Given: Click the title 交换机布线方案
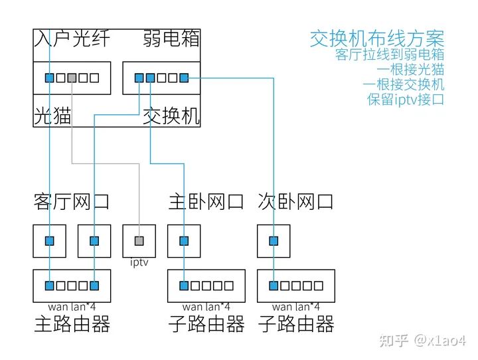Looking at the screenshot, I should (x=377, y=39).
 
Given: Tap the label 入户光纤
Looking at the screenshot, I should (x=71, y=39).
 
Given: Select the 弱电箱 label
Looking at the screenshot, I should (x=171, y=39).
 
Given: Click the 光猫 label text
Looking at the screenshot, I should (x=52, y=116).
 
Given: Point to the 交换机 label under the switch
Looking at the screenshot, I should (x=171, y=116).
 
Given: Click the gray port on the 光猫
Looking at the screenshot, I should (x=72, y=78).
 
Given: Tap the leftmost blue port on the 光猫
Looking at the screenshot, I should (x=49, y=78).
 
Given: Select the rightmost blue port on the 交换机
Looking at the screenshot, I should (x=184, y=78).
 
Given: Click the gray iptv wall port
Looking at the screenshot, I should (x=139, y=240).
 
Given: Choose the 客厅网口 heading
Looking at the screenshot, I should (x=71, y=202).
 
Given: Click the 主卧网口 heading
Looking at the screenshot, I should (x=206, y=202).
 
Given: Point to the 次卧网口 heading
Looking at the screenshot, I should (x=295, y=202).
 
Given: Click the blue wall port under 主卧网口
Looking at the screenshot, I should (x=184, y=240).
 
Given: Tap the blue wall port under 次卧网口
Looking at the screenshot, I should (x=274, y=240).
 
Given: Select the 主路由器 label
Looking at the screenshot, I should (x=71, y=325).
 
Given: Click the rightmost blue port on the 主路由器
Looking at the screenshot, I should (x=94, y=286).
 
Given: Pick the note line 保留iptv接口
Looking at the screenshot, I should (x=406, y=100).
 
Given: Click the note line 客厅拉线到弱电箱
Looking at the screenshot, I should (x=390, y=55).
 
